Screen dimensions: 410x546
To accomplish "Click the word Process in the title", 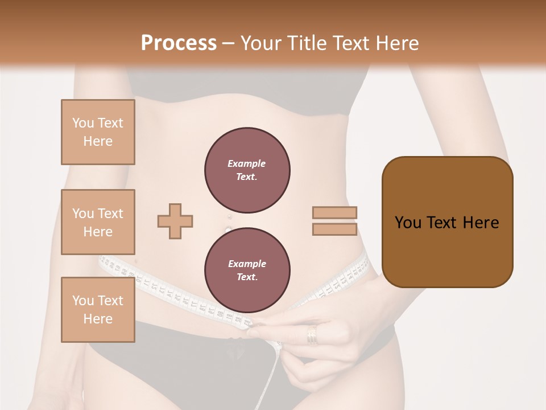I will pyautogui.click(x=179, y=43).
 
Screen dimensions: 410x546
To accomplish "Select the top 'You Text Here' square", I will pyautogui.click(x=98, y=132).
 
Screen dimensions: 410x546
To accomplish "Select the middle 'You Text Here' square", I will pyautogui.click(x=98, y=222).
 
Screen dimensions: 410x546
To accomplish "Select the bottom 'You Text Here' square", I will pyautogui.click(x=98, y=310).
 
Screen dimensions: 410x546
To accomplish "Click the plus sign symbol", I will pyautogui.click(x=175, y=220).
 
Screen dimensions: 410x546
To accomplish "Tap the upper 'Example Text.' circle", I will pyautogui.click(x=247, y=170).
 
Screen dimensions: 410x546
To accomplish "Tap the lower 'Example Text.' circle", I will pyautogui.click(x=247, y=270).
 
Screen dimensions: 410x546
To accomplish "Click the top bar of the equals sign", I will pyautogui.click(x=334, y=213).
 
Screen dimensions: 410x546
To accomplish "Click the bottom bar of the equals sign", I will pyautogui.click(x=334, y=229).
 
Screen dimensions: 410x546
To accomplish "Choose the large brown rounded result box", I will pyautogui.click(x=447, y=222).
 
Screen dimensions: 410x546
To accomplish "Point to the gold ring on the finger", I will pyautogui.click(x=313, y=335).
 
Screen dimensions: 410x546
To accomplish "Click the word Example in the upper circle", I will pyautogui.click(x=247, y=163).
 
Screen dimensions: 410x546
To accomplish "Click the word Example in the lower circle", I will pyautogui.click(x=247, y=264).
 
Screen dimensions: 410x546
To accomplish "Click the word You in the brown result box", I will pyautogui.click(x=408, y=223).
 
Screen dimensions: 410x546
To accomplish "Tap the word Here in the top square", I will pyautogui.click(x=98, y=141).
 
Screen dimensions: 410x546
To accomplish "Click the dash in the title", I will pyautogui.click(x=228, y=43).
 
